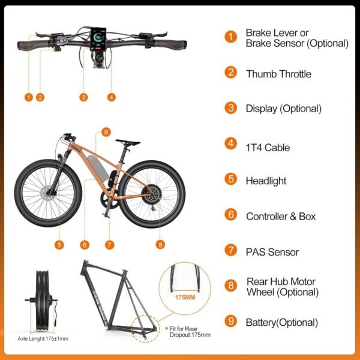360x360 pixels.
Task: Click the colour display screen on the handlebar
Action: pyautogui.click(x=98, y=38)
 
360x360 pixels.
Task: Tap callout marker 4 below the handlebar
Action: pyautogui.click(x=112, y=97)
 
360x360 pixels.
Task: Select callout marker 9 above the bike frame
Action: pyautogui.click(x=106, y=132)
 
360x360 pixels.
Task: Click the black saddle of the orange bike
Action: pyautogui.click(x=128, y=142)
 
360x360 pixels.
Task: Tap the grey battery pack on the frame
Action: pyautogui.click(x=98, y=168)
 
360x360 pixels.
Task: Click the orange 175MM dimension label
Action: pyautogui.click(x=185, y=298)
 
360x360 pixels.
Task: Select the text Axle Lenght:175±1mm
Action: pyautogui.click(x=43, y=338)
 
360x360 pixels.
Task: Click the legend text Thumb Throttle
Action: pyautogui.click(x=278, y=74)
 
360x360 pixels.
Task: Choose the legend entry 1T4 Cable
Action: pyautogui.click(x=268, y=148)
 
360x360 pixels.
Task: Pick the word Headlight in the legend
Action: pyautogui.click(x=266, y=181)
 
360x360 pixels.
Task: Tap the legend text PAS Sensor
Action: pyautogui.click(x=272, y=252)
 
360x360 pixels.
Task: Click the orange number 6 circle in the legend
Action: pyautogui.click(x=231, y=215)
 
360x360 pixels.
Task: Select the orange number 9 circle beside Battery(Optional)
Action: pyautogui.click(x=231, y=321)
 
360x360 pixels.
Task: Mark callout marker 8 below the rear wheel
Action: pyautogui.click(x=160, y=245)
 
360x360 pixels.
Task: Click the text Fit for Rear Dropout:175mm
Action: pyautogui.click(x=190, y=332)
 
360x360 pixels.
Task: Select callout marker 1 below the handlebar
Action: pyautogui.click(x=29, y=97)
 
